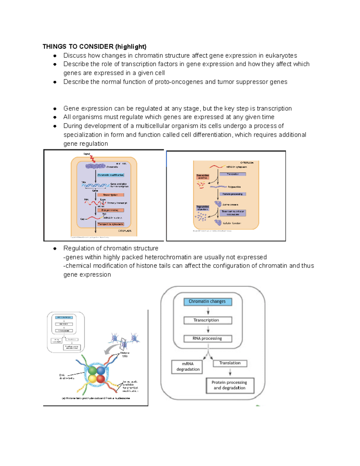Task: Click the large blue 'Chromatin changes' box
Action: [208, 302]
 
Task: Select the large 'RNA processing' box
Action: [208, 338]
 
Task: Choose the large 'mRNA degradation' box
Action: [187, 367]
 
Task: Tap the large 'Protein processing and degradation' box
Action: [229, 385]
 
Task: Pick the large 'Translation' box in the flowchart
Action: [230, 363]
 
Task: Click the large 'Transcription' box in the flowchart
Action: [208, 320]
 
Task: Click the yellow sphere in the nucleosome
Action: [92, 379]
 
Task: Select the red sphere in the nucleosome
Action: [101, 379]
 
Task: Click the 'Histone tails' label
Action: [124, 354]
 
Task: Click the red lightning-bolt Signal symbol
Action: [93, 159]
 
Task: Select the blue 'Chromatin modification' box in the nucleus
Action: [110, 175]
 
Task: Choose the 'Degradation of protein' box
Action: [203, 208]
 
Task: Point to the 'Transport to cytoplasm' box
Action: [110, 224]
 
